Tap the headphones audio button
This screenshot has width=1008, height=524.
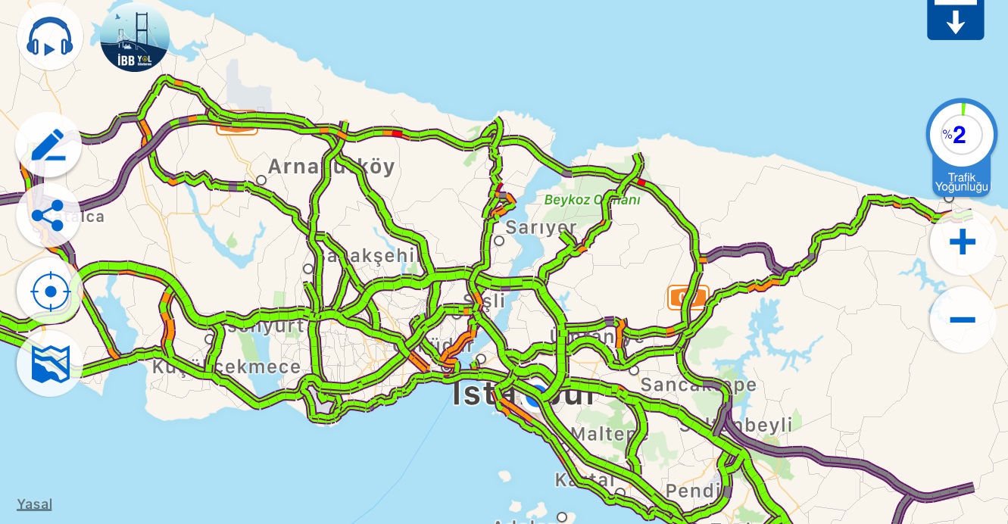[50, 37]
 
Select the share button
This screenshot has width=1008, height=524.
[48, 216]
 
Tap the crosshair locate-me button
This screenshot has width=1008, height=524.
[51, 292]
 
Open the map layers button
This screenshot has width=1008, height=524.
[51, 364]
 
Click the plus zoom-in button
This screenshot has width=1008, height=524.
[962, 242]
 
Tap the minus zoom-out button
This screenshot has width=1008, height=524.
[962, 320]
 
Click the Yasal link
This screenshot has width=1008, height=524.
[34, 504]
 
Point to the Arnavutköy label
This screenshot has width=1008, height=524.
[331, 167]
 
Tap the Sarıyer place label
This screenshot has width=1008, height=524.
[541, 227]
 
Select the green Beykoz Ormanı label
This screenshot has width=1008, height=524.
[592, 201]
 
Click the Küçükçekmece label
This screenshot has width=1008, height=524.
[226, 367]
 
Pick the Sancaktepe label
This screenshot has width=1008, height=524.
[697, 385]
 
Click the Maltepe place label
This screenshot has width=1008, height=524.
[609, 434]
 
